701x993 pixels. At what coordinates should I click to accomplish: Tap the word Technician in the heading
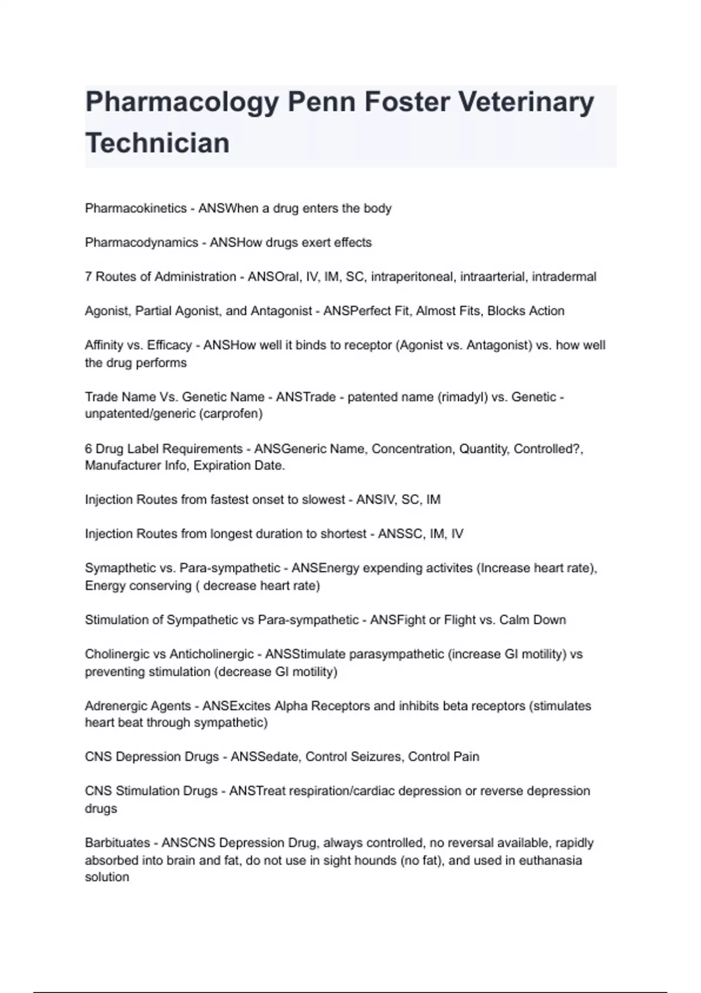pyautogui.click(x=157, y=144)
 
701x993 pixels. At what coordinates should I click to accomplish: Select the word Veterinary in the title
pyautogui.click(x=526, y=103)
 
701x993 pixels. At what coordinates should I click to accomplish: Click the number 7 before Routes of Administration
pyautogui.click(x=88, y=277)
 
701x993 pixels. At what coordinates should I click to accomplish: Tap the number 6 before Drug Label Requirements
pyautogui.click(x=88, y=449)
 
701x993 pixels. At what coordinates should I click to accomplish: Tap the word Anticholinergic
pyautogui.click(x=211, y=654)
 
